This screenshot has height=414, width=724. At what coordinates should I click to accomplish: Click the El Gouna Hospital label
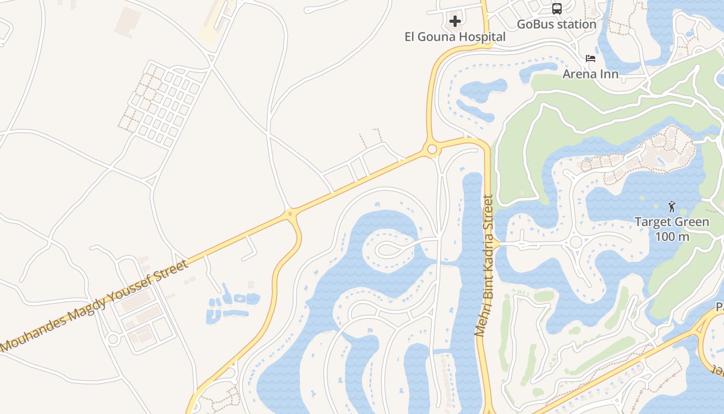pos(455,37)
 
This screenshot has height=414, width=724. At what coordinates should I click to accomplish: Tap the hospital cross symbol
pos(455,21)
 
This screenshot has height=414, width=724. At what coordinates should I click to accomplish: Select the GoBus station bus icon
pos(556,9)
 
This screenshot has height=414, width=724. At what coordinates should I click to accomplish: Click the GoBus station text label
pos(556,24)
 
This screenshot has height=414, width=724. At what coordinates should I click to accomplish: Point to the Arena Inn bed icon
pos(591,58)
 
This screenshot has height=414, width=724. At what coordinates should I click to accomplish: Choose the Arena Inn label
pos(591,74)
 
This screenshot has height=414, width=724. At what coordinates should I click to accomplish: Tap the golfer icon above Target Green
pos(672,207)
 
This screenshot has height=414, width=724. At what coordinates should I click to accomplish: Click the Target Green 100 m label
pos(672,229)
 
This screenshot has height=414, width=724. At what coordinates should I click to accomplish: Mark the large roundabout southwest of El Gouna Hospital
pos(432,150)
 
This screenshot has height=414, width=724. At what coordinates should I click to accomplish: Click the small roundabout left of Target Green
pos(576,242)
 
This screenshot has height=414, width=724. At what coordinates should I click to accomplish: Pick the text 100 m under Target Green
pos(672,236)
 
